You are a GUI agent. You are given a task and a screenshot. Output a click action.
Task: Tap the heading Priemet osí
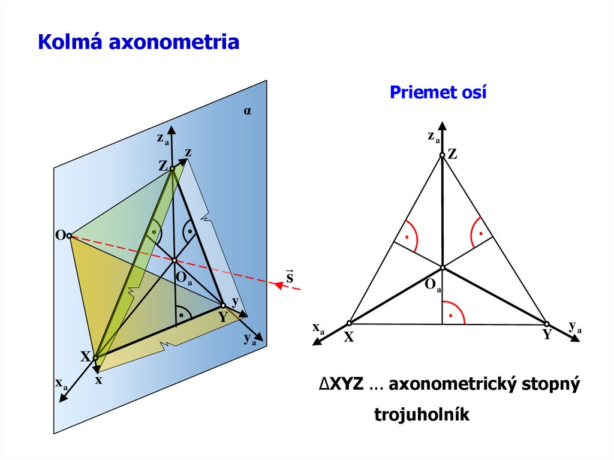438,92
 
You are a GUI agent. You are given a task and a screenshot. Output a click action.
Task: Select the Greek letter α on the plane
247,111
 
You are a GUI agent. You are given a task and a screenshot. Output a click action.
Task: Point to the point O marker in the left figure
70,236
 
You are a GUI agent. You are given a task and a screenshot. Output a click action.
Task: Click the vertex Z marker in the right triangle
442,155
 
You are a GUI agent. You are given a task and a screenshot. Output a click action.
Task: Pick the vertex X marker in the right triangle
349,323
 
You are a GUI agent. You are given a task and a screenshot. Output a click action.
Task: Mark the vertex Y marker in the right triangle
547,324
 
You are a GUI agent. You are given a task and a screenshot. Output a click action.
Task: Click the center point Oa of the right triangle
442,267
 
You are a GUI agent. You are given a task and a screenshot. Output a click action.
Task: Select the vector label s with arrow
290,276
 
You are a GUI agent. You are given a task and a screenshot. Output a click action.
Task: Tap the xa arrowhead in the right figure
316,342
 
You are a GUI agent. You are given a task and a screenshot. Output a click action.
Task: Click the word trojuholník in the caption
422,414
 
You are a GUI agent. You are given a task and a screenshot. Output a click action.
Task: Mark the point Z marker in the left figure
172,169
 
